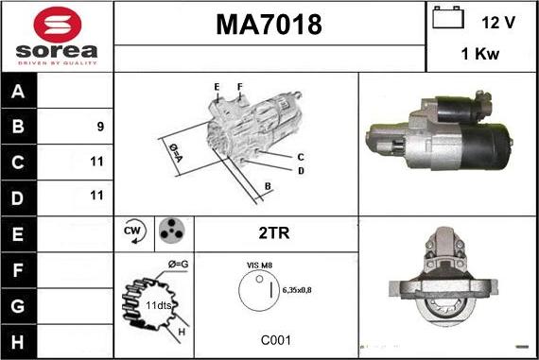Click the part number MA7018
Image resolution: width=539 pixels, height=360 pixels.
pos(269,25)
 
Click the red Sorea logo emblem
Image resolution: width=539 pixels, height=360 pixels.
pos(58,25)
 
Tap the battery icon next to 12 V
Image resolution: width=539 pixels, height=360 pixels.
pos(448,17)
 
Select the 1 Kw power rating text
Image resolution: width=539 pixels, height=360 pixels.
pos(479,54)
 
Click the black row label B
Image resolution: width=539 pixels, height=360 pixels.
pos(18,126)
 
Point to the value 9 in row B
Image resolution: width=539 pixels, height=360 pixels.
pos(100,127)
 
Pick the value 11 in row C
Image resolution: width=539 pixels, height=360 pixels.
pos(96,162)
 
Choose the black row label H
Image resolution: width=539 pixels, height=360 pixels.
pos(18,342)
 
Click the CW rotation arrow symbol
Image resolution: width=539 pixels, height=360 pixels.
pos(134,231)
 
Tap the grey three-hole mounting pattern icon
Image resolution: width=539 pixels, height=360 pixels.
pos(171,231)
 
